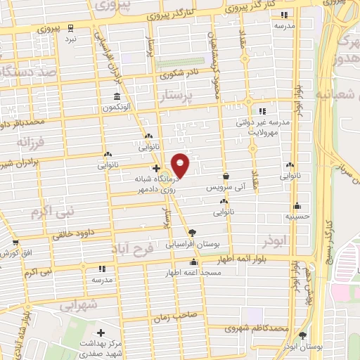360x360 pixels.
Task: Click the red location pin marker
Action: (x=181, y=165)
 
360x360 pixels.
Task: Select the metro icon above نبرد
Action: (x=72, y=27)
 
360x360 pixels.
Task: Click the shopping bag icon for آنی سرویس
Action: (x=226, y=176)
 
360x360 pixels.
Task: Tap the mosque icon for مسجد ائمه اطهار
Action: (x=194, y=262)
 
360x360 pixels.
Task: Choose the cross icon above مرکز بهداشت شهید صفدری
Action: (x=101, y=332)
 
